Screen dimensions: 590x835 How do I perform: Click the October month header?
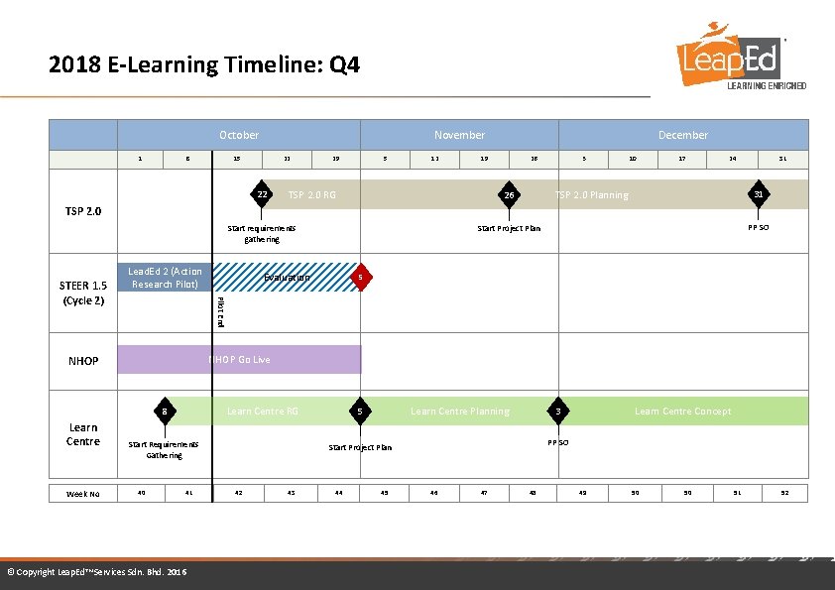(238, 135)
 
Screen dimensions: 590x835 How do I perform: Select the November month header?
(459, 135)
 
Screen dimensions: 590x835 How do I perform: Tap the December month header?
(683, 135)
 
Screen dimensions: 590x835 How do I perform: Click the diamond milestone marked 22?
(262, 194)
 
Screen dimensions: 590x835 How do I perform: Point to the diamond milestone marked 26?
(508, 195)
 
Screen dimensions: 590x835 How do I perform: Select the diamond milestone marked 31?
(758, 194)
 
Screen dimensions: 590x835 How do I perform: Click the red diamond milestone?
(363, 278)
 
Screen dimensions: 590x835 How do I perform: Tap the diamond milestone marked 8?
(166, 411)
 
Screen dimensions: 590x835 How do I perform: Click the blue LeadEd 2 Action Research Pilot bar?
(165, 278)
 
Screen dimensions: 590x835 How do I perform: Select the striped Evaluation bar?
(286, 278)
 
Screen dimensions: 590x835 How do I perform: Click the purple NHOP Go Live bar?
(239, 359)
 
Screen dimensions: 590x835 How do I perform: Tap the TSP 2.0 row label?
(83, 211)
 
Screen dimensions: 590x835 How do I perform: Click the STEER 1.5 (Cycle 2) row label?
(83, 294)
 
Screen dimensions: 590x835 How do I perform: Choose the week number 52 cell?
(783, 493)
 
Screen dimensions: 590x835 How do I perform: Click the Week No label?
(83, 493)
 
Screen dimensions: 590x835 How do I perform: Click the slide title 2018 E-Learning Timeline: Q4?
(204, 65)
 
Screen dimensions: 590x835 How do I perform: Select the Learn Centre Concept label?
(682, 412)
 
